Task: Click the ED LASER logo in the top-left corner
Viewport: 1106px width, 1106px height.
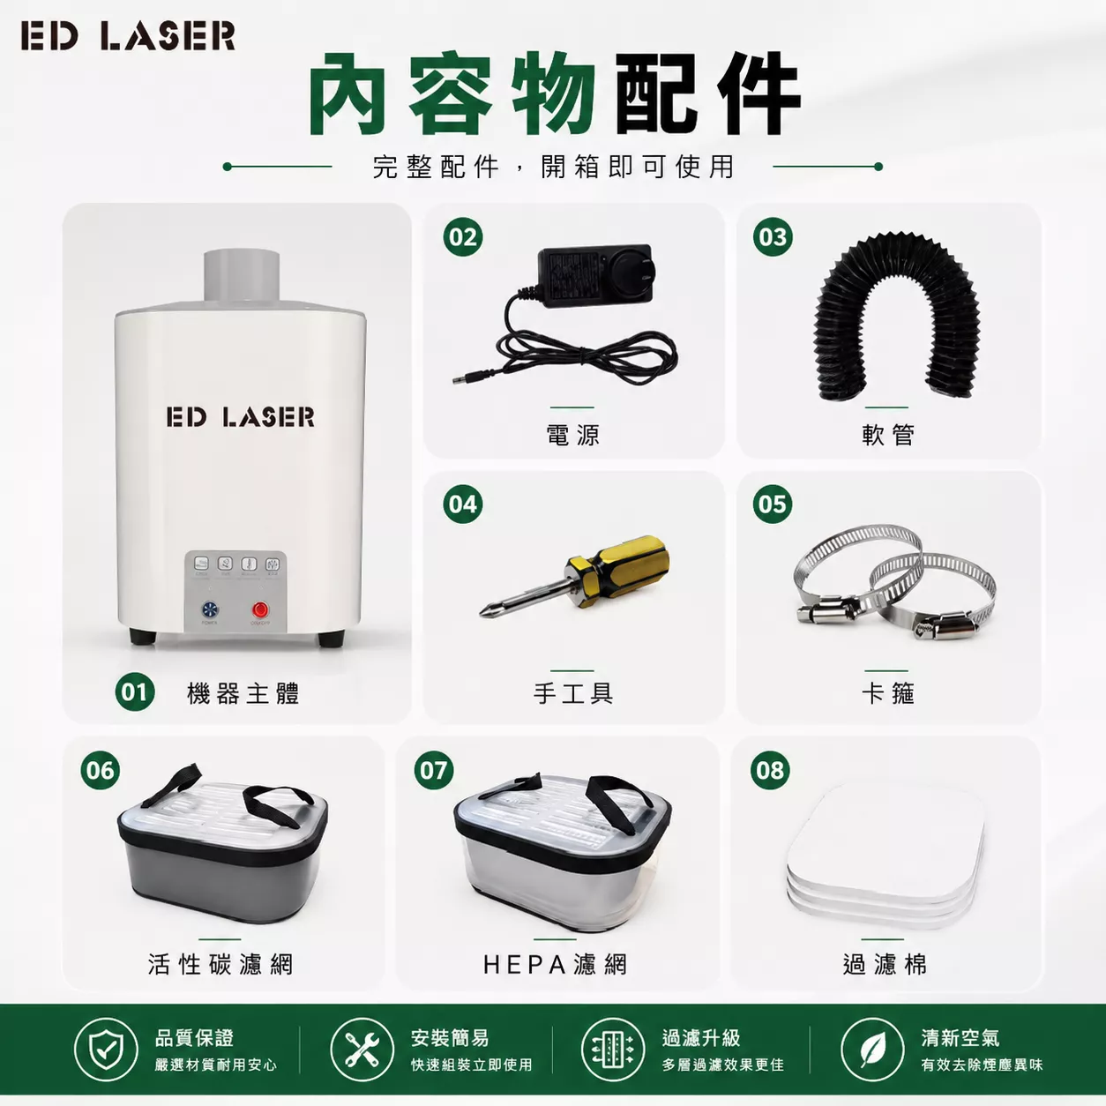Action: [128, 35]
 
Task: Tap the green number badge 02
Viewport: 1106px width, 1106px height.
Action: [463, 237]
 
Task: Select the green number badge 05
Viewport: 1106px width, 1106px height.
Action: [773, 504]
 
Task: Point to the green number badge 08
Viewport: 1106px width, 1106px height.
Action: [770, 770]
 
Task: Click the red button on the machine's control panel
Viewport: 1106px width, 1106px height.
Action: [260, 609]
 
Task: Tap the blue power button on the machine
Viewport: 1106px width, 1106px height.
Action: [210, 609]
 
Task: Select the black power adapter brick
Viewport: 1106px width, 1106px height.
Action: [594, 275]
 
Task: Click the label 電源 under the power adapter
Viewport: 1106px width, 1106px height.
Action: [572, 435]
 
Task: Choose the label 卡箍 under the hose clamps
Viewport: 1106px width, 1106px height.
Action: [887, 693]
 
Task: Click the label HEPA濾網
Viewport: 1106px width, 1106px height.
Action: [555, 964]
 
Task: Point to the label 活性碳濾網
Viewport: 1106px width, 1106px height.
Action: [220, 964]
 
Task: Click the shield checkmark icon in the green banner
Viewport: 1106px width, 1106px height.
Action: [106, 1050]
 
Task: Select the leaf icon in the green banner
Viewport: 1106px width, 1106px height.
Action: [872, 1050]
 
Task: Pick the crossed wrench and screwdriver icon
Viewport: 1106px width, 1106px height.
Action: [362, 1050]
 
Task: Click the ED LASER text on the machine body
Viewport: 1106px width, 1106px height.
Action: [241, 417]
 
